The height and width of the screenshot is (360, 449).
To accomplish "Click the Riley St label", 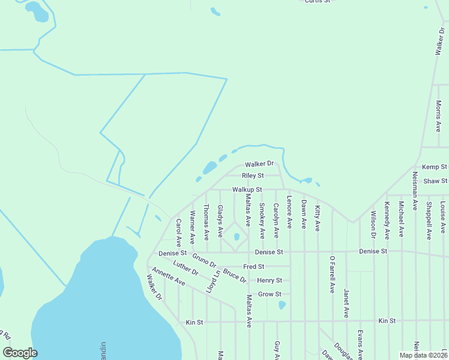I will coord(253,176).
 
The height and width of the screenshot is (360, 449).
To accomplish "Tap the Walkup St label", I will coord(247,190).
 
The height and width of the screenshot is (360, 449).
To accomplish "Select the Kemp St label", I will coord(435,167).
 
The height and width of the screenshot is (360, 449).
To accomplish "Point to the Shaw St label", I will coord(435,181).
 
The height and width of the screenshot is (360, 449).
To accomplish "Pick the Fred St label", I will coord(253,266).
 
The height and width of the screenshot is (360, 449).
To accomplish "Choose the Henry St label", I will coord(270,280).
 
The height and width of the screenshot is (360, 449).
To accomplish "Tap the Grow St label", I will coord(270,294).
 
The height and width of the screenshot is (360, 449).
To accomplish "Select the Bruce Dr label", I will coord(235,275).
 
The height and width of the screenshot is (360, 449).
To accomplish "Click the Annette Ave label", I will coord(168,276).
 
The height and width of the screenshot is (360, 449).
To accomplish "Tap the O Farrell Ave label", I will coord(331,274).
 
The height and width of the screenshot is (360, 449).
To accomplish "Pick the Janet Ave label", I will coord(346,302).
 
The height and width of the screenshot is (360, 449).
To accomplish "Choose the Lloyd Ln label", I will coord(212,281).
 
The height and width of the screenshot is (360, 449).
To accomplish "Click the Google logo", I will coord(20,353).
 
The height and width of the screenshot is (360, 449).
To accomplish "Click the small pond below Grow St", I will coord(282,305).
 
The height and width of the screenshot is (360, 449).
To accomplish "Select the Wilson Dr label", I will coord(373,223).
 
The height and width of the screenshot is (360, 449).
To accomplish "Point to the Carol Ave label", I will coord(179,233).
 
